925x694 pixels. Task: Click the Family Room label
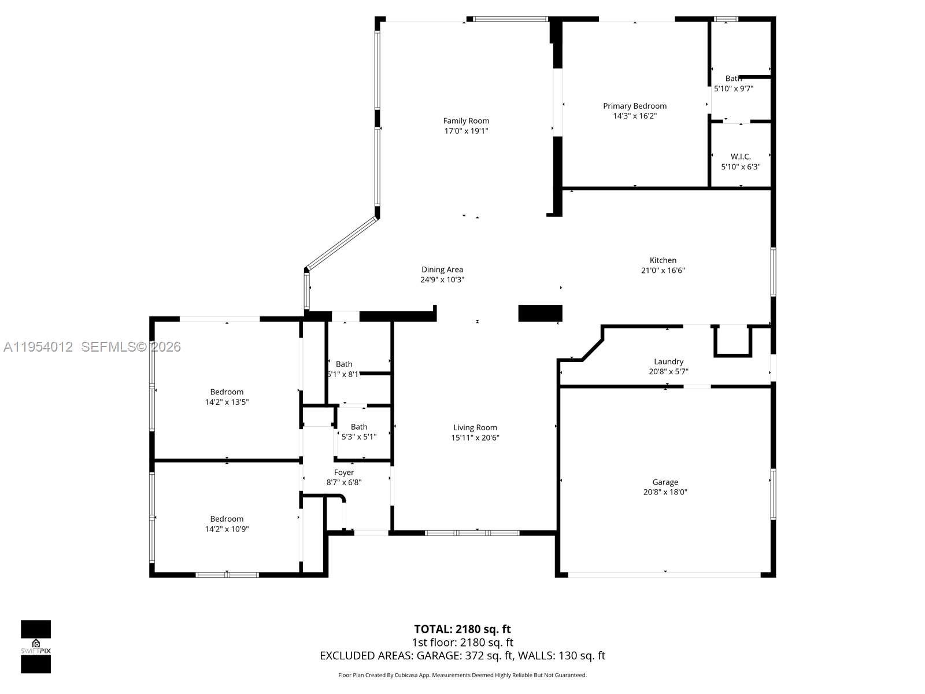[x=466, y=121]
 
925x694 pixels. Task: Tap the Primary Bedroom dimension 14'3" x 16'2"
[x=635, y=116]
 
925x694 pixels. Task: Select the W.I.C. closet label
[x=741, y=157]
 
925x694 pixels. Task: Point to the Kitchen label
[x=663, y=260]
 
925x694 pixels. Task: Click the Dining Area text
[x=442, y=270]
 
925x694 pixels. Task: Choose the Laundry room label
[x=668, y=361]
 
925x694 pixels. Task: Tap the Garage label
[x=665, y=482]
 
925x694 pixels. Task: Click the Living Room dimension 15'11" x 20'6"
[x=475, y=438]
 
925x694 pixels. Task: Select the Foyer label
[x=343, y=472]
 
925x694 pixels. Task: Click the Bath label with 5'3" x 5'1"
[x=358, y=427]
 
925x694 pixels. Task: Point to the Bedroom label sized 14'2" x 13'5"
[x=227, y=392]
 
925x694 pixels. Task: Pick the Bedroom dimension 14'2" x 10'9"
[x=227, y=529]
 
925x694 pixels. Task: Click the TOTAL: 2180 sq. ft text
[x=462, y=629]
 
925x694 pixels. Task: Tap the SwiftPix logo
[x=36, y=646]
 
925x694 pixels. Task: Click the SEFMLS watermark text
[x=131, y=346]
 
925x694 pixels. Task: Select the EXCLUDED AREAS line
[x=462, y=655]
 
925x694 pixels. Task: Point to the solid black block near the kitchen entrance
[x=540, y=313]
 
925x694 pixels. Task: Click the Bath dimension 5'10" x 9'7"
[x=733, y=88]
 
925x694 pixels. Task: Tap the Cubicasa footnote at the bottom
[x=462, y=675]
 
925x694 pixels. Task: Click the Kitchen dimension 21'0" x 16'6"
[x=663, y=270]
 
